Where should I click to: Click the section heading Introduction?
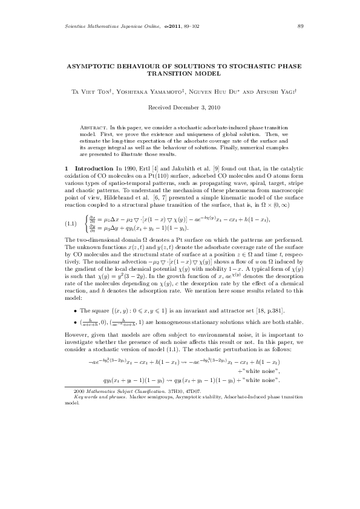(91, 166)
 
